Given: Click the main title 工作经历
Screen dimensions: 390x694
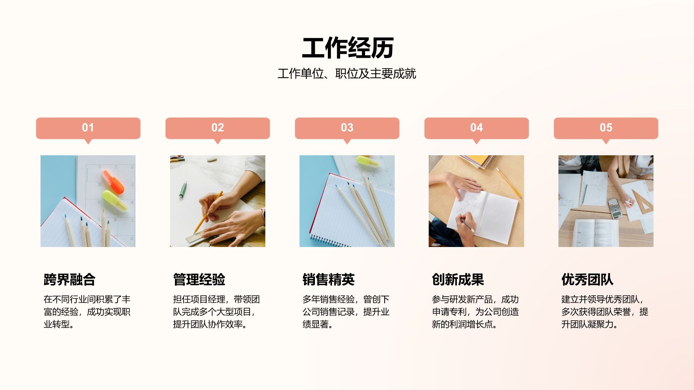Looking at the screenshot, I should click(x=347, y=48).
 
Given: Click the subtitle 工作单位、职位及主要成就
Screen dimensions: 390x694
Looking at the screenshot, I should click(x=347, y=74).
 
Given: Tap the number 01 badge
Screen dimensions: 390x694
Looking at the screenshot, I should click(x=88, y=128).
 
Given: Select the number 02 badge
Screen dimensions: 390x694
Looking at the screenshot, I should click(x=218, y=128).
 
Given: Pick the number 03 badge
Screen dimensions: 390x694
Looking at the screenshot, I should click(x=347, y=128).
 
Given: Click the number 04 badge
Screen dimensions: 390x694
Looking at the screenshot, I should click(x=476, y=128).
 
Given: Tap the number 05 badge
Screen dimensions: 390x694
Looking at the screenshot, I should click(x=606, y=128).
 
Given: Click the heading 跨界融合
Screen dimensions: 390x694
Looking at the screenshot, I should click(x=69, y=279).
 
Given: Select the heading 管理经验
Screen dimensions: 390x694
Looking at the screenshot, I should click(x=199, y=279).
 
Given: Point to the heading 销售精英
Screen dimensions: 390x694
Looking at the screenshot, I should click(x=328, y=279).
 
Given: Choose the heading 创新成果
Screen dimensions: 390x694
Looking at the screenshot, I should click(x=458, y=279).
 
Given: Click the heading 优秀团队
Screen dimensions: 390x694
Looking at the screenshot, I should click(x=587, y=279).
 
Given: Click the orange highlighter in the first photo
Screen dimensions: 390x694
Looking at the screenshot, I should click(x=113, y=182).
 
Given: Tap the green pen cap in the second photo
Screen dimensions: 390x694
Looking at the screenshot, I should click(x=183, y=190).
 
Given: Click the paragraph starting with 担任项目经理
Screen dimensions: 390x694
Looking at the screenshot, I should click(x=216, y=312).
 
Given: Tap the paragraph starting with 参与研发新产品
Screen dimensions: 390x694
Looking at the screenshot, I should click(x=475, y=312).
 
